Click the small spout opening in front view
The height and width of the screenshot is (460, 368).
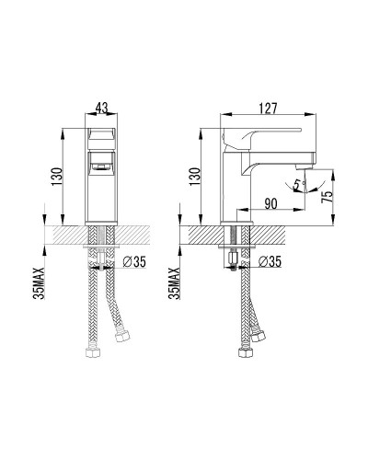pyautogui.click(x=101, y=167)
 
